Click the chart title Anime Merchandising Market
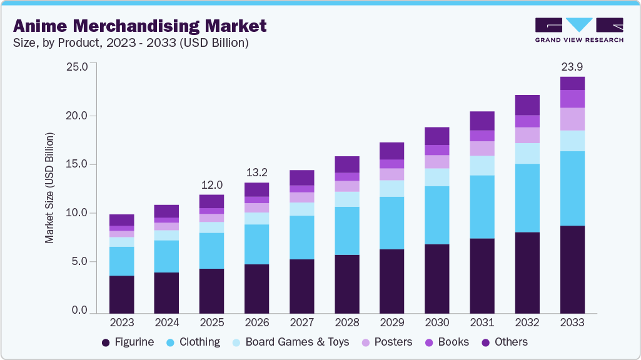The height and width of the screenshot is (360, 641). point(139,26)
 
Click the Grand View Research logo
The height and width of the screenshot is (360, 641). point(578,30)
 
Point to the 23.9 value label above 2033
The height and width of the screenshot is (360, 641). point(572,66)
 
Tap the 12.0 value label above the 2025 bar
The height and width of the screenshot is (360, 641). point(211,184)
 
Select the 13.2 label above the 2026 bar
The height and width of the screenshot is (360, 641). point(256,172)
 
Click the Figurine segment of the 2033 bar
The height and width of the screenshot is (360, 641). point(572,269)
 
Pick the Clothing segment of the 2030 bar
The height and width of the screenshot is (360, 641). point(437,215)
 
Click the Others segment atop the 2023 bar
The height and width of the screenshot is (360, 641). point(121,220)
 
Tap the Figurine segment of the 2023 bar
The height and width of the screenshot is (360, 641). point(121,294)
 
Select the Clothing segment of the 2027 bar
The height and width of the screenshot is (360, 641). point(301,237)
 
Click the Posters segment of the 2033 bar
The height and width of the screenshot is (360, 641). point(572,119)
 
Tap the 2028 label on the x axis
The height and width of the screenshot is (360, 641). point(346,322)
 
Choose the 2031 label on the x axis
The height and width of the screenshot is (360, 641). point(482,322)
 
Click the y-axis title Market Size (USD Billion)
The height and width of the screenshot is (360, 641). point(49,188)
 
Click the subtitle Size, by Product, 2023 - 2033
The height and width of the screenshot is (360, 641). point(131,42)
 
